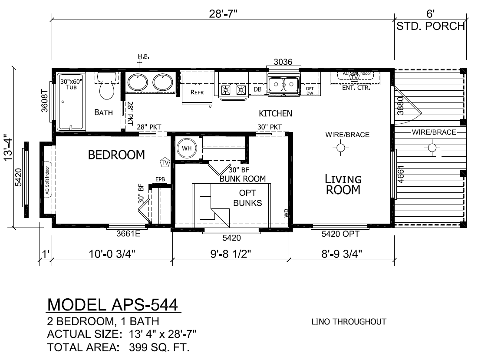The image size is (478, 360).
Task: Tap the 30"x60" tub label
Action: point(71,84)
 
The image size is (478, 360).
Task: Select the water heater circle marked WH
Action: point(187,148)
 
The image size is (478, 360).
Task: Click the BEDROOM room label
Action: point(116,155)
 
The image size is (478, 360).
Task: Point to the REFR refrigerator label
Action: point(197,92)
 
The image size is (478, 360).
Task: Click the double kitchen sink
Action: point(283,84)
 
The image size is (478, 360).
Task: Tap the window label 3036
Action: point(283,62)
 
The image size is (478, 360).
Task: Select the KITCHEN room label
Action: point(276,114)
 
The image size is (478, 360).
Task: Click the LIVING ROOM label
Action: point(343,185)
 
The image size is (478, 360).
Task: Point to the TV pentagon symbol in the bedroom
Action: point(165,163)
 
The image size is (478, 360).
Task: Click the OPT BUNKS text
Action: point(247,198)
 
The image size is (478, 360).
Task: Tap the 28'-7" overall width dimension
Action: point(223,14)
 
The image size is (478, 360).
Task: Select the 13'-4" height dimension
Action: point(8,147)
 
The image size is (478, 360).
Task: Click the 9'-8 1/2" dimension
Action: point(231,254)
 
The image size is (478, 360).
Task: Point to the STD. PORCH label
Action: point(431,26)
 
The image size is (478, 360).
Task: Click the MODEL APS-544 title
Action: point(113,304)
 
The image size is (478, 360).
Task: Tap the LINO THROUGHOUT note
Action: point(349,322)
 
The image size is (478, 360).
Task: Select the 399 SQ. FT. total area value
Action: point(159,347)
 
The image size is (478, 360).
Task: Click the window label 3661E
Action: point(129,234)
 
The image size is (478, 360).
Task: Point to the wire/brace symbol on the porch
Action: point(432,148)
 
